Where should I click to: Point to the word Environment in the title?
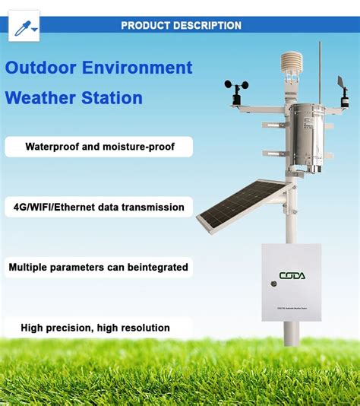[x=137, y=68]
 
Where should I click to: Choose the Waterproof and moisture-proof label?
[x=99, y=147]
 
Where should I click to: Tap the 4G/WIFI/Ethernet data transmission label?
[x=99, y=207]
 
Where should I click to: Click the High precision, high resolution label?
[x=96, y=328]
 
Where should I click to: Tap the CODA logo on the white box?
[x=292, y=275]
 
